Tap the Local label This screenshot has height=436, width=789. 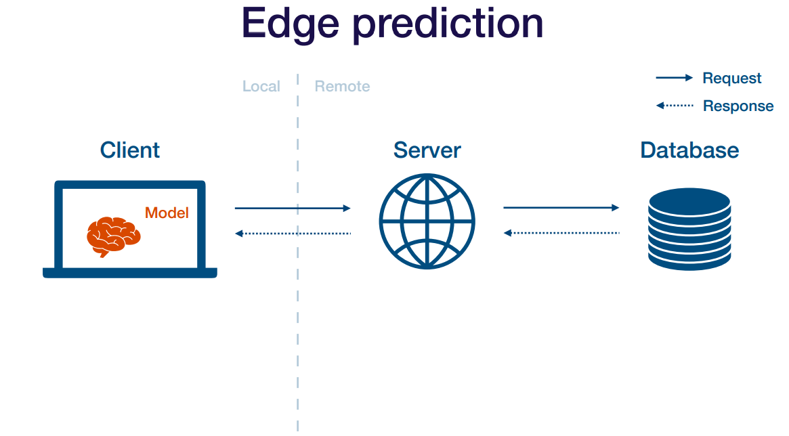[261, 87]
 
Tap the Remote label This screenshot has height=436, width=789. [342, 87]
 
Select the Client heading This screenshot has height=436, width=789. [130, 150]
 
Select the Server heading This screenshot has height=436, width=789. [427, 150]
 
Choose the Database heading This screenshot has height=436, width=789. [689, 150]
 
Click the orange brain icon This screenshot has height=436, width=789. [112, 236]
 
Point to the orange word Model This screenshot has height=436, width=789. [167, 213]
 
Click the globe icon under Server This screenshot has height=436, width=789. [427, 221]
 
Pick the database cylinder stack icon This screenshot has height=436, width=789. [689, 229]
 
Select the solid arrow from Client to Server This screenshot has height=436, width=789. [293, 209]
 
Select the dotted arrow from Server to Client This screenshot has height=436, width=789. [293, 234]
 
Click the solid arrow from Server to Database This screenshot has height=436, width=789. [561, 208]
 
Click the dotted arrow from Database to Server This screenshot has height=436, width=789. [561, 233]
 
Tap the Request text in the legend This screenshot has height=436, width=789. [732, 79]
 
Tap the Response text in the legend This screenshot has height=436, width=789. [738, 106]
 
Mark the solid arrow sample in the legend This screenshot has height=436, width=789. [674, 78]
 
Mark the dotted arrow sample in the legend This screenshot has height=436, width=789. [674, 106]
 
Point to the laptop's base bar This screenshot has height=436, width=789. [130, 273]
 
